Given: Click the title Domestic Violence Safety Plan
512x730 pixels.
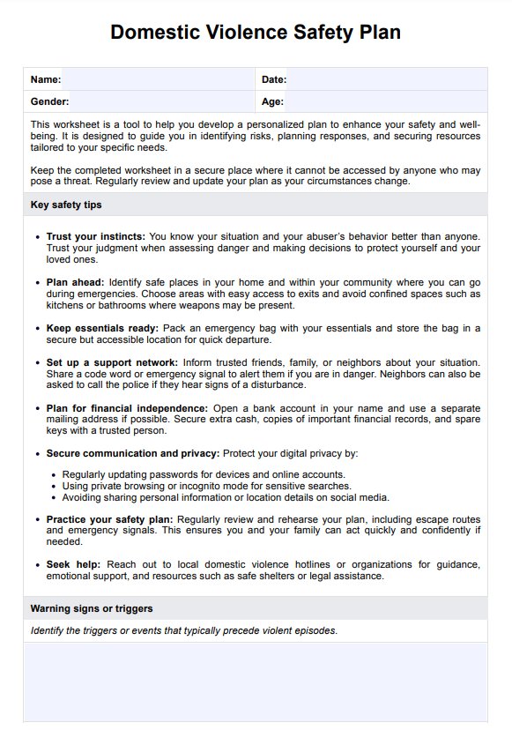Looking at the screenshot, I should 256,33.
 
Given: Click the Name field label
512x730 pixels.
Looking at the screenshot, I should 45,79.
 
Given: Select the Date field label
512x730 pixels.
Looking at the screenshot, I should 273,79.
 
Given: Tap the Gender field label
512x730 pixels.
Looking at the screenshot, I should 49,102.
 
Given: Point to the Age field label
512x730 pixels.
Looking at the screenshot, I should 272,102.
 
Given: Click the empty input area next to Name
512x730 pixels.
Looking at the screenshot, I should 159,79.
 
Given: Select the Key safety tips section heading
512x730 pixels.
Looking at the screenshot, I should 66,205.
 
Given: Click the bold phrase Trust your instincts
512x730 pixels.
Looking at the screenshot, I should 96,236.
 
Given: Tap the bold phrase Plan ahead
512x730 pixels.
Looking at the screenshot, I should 75,282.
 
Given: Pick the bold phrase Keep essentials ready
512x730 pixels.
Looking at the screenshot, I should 101,328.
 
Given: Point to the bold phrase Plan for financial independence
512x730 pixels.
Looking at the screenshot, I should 127,408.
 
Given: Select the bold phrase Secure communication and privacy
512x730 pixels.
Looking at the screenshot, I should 133,453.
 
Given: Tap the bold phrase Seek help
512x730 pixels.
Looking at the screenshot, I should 73,564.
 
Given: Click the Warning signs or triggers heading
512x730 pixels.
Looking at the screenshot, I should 92,608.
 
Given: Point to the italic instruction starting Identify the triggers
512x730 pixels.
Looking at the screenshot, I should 183,630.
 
